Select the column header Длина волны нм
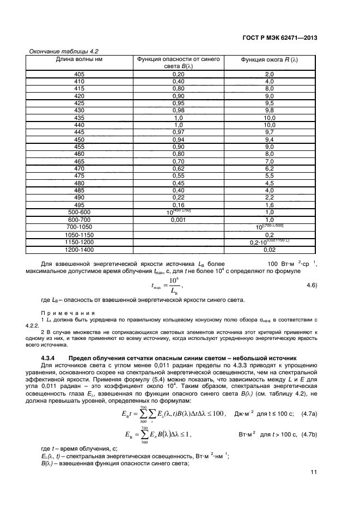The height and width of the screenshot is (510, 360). click(79, 59)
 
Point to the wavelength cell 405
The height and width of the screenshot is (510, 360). click(79, 74)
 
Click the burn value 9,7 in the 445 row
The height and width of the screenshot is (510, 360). click(269, 132)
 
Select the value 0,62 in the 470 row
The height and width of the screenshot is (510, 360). click(178, 169)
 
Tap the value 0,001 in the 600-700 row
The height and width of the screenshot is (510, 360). click(178, 220)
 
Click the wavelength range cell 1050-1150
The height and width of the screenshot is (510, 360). click(79, 234)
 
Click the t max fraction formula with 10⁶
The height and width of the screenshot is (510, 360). click(170, 285)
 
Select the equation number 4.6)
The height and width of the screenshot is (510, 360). click(311, 285)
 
